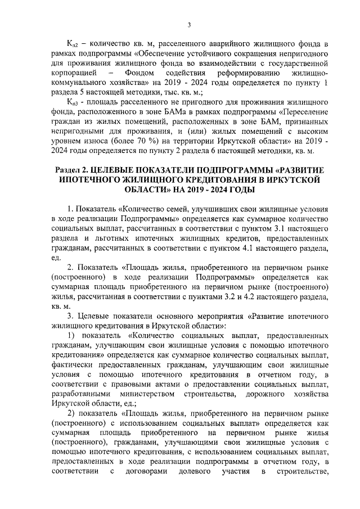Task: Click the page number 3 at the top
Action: point(188,24)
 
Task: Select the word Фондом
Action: point(141,73)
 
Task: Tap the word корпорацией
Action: point(74,73)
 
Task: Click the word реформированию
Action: point(242,73)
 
